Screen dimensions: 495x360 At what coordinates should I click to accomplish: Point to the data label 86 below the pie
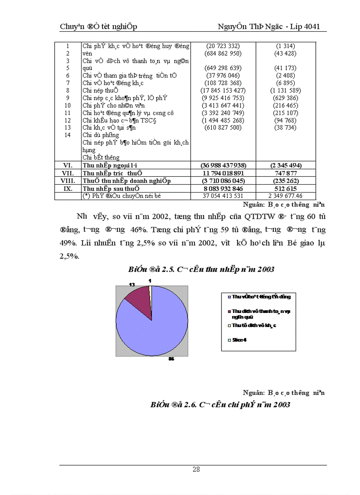tap(172, 359)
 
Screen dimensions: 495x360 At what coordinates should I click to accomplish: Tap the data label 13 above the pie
tap(132, 285)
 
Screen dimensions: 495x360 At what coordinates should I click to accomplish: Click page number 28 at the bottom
tap(196, 469)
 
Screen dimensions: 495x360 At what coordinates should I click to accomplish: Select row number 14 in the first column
tap(67, 135)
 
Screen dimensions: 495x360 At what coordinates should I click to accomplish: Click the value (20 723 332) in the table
tap(223, 46)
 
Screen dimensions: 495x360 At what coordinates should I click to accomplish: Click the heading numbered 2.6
tap(220, 404)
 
